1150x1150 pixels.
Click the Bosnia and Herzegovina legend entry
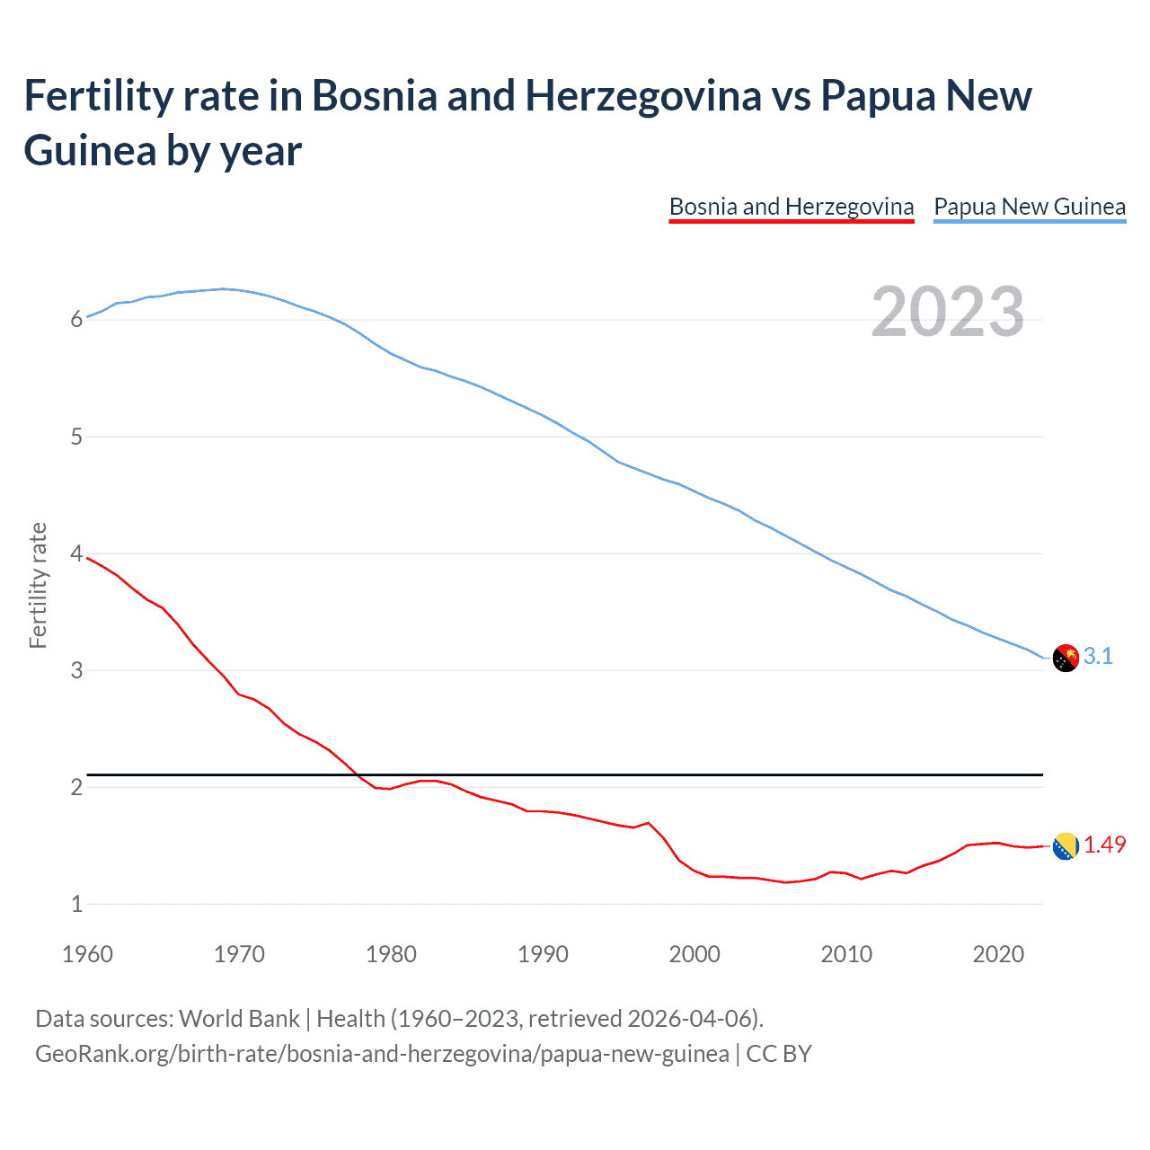point(792,207)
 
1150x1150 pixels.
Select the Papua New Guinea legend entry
point(1030,207)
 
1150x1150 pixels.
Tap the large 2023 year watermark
point(948,312)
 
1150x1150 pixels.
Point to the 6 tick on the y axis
point(76,320)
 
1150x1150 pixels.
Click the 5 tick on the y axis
point(76,437)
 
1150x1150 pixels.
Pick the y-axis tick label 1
point(76,904)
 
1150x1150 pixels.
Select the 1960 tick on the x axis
point(87,954)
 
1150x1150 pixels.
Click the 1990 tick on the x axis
point(543,954)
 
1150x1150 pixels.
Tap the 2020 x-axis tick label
point(998,954)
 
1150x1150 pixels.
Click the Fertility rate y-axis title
point(38,585)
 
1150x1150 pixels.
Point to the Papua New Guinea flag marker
point(1065,658)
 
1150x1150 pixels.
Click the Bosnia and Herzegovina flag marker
point(1065,845)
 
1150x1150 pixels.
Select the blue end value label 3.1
point(1098,657)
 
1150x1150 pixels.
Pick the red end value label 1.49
point(1104,845)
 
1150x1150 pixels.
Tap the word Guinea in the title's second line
point(88,150)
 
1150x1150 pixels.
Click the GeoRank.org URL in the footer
point(382,1053)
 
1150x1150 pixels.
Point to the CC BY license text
point(779,1053)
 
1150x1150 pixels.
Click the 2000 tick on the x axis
point(694,954)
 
